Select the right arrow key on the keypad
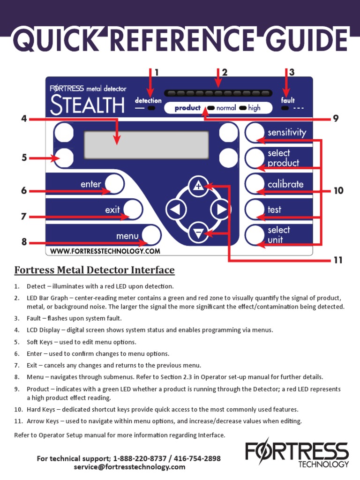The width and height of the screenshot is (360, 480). click(x=220, y=210)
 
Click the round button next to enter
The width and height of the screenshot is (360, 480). click(x=113, y=184)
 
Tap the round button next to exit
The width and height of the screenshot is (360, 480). click(x=133, y=209)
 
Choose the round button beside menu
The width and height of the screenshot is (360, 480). click(x=150, y=235)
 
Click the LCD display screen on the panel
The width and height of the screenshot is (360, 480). click(x=146, y=145)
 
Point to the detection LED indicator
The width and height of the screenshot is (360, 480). click(x=151, y=108)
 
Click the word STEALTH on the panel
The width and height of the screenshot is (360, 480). click(x=88, y=105)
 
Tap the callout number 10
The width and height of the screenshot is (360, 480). click(x=338, y=191)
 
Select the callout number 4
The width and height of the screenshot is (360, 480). click(x=24, y=119)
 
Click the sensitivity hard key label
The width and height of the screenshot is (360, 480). click(x=286, y=133)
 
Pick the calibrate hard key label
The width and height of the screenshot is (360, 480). click(x=285, y=184)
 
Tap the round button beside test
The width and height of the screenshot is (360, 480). click(x=255, y=210)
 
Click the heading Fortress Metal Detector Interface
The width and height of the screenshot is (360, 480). click(x=94, y=270)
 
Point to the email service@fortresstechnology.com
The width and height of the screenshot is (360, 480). click(x=129, y=467)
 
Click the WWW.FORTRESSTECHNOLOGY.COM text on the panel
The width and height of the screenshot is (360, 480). click(x=105, y=251)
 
